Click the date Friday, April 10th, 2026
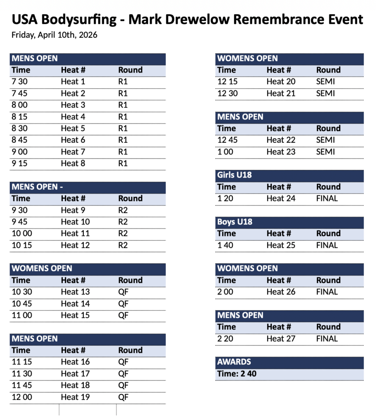[x=54, y=35]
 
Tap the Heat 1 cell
[x=73, y=82]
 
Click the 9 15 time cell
[x=20, y=163]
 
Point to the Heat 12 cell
[x=75, y=245]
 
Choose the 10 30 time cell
[x=22, y=292]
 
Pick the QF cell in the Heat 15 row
[x=123, y=315]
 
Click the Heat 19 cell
[x=75, y=397]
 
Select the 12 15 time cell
[x=227, y=82]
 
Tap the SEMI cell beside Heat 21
[x=326, y=93]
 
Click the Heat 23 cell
[x=281, y=152]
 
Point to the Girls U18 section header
[x=234, y=175]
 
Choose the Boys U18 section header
[x=234, y=222]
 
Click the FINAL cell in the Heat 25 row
[x=327, y=245]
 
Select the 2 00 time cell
[x=225, y=292]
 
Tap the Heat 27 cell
[x=281, y=339]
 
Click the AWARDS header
[x=234, y=362]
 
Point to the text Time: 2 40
[x=237, y=374]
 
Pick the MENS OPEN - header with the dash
[x=37, y=187]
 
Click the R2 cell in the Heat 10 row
[x=123, y=222]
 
